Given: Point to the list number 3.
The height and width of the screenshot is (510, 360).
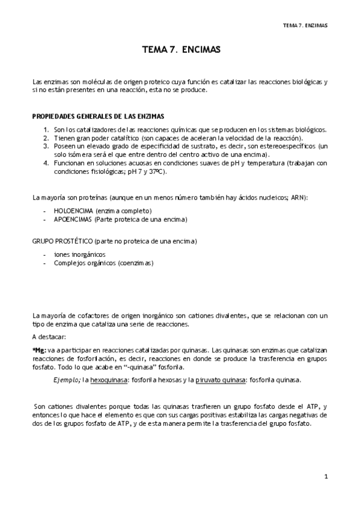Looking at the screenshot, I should [47, 146].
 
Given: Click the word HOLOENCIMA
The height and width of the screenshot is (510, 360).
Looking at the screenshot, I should [72, 211].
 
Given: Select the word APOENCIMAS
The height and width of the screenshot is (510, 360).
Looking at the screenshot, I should [72, 220].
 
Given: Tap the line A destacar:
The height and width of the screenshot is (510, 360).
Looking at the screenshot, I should [49, 337].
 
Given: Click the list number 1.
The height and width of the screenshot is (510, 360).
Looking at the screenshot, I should [47, 129].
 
